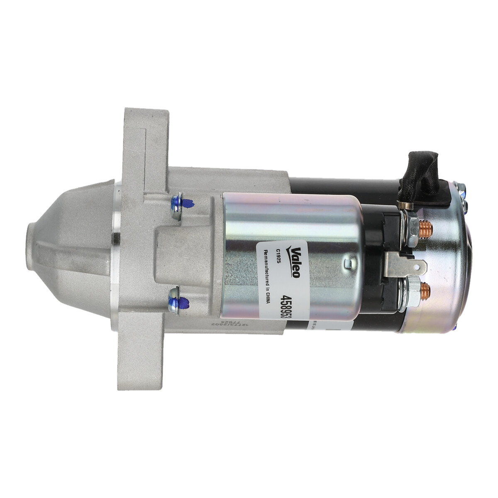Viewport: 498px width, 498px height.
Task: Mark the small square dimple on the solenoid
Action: (347, 263)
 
